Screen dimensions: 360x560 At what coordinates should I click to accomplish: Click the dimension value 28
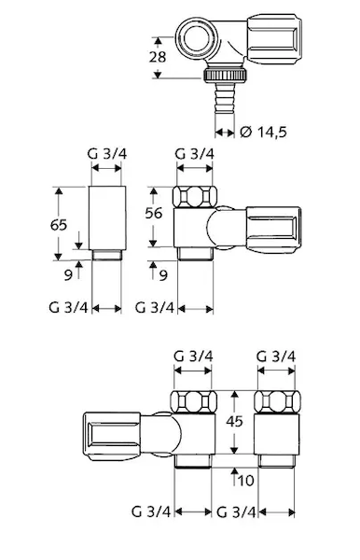pyautogui.click(x=158, y=57)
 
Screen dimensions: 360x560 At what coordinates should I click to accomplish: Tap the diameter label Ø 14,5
pyautogui.click(x=264, y=133)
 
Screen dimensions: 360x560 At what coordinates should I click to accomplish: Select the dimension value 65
pyautogui.click(x=59, y=225)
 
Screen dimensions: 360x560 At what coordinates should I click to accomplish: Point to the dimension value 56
pyautogui.click(x=153, y=213)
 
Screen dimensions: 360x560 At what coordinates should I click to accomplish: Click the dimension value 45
pyautogui.click(x=234, y=422)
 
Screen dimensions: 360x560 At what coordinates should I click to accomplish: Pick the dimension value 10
pyautogui.click(x=245, y=481)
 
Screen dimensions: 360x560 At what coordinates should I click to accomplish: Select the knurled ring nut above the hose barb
pyautogui.click(x=226, y=75)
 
